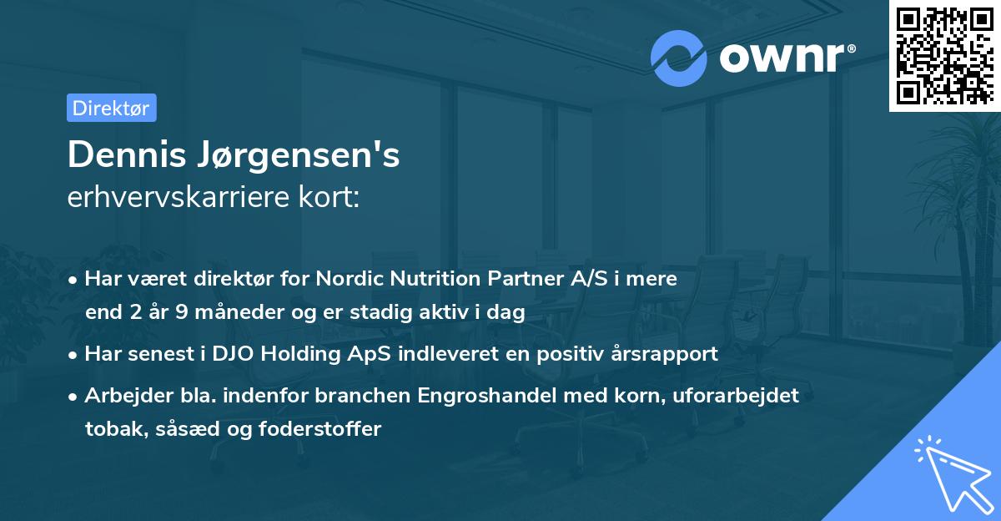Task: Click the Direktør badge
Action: point(111,108)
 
